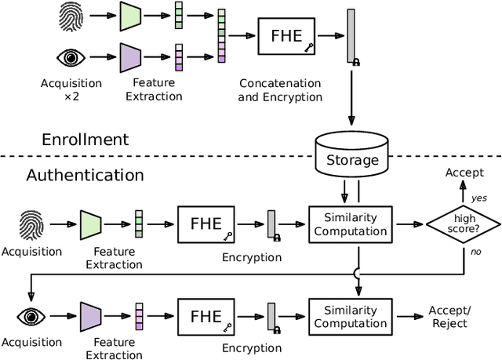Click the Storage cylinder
click(x=351, y=155)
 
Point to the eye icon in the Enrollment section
click(x=71, y=57)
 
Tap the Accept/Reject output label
click(x=448, y=317)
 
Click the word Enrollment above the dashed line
click(x=85, y=140)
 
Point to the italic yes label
click(x=479, y=198)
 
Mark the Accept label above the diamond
click(x=464, y=172)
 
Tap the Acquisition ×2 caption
click(x=71, y=90)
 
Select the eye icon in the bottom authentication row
click(x=31, y=316)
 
